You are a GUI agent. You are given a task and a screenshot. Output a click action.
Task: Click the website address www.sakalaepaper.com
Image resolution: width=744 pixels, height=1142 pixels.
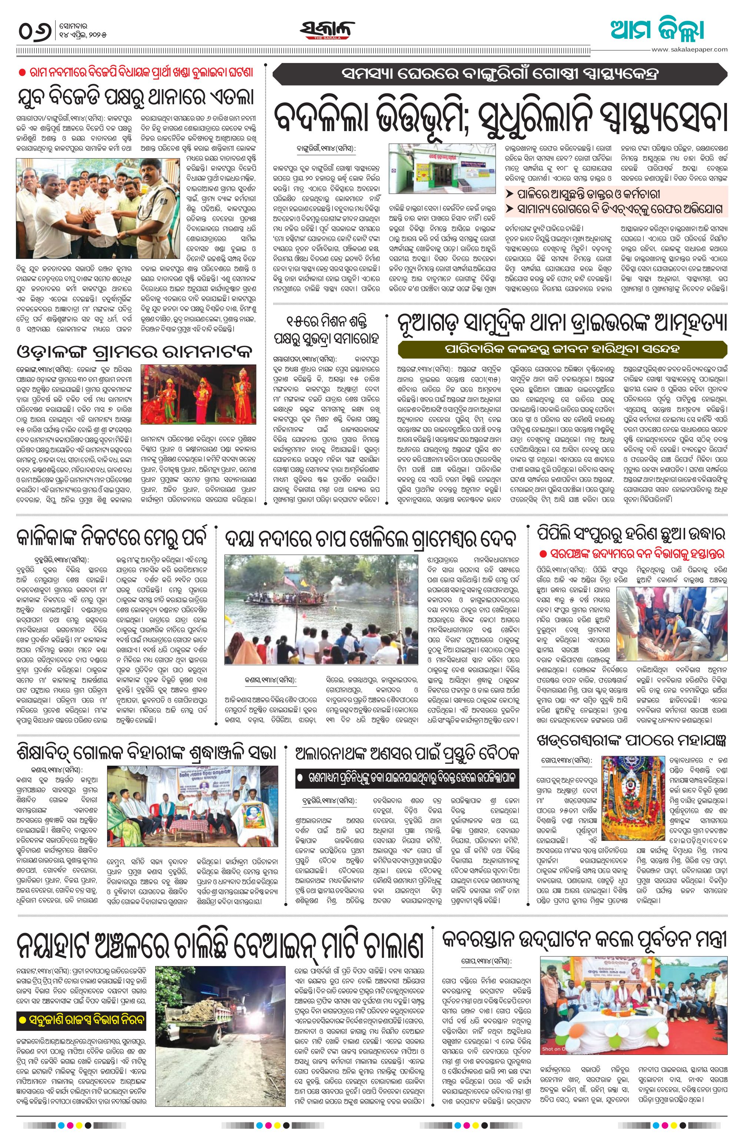click(x=689, y=49)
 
